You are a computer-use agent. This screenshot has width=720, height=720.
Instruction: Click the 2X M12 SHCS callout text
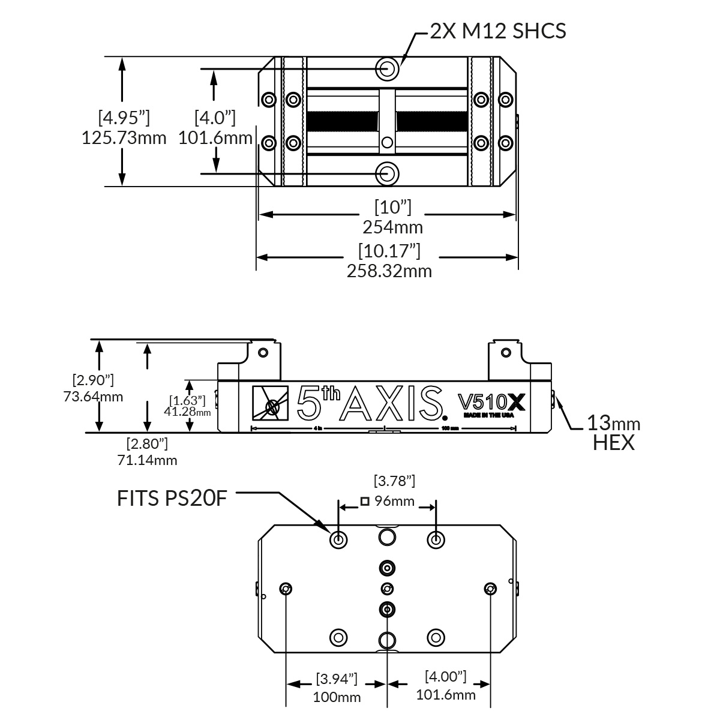[x=498, y=30]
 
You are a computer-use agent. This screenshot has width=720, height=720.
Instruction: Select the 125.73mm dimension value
[x=124, y=138]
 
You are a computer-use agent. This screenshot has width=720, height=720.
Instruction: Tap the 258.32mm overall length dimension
[x=389, y=271]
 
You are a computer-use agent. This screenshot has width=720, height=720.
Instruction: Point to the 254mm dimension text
[x=392, y=227]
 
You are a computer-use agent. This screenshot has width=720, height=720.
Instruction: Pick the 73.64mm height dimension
[x=93, y=396]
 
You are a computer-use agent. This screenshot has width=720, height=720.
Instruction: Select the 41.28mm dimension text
[x=187, y=412]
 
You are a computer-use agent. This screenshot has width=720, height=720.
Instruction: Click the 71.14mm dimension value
[x=147, y=460]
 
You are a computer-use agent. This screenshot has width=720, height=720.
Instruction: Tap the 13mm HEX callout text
[x=613, y=433]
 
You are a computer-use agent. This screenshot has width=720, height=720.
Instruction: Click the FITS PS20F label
[x=172, y=498]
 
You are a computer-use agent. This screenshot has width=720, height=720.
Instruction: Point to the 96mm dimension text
[x=394, y=501]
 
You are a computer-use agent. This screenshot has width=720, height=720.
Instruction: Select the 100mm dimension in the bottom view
[x=337, y=697]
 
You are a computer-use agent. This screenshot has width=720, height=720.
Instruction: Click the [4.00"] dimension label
[x=445, y=677]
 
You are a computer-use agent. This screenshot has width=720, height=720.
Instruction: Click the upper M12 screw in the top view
[x=388, y=68]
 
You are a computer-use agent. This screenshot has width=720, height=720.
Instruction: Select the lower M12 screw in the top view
[x=388, y=173]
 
